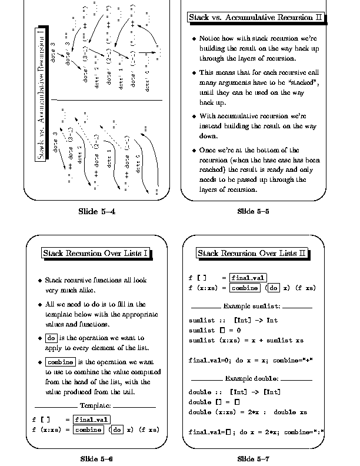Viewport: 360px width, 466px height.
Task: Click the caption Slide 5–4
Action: pos(96,211)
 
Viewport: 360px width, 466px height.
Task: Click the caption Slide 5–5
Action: pos(253,211)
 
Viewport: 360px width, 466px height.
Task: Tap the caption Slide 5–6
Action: pos(96,458)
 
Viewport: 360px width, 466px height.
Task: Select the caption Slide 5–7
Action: pos(253,458)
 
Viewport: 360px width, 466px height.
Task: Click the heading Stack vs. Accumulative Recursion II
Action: pos(255,18)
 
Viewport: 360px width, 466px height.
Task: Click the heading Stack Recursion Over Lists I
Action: pos(96,254)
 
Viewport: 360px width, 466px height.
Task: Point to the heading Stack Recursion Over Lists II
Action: pos(252,254)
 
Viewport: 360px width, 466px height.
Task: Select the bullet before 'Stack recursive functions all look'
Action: pos(39,281)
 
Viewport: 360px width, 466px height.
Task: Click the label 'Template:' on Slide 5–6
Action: pos(96,405)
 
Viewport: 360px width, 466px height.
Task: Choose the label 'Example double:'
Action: pos(252,378)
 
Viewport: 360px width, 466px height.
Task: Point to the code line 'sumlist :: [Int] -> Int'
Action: pos(233,321)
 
